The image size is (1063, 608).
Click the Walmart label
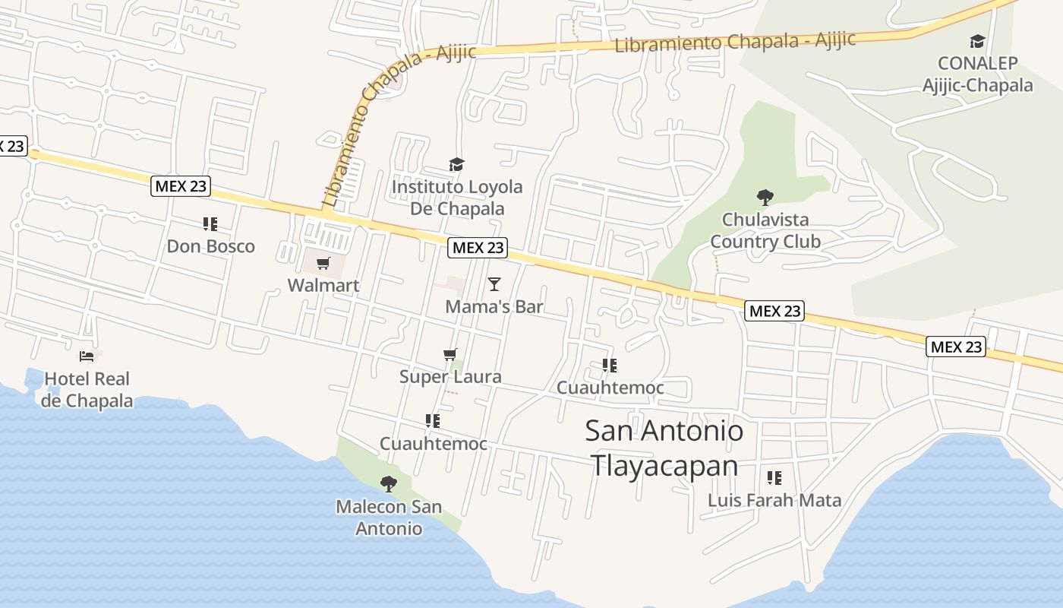[323, 286]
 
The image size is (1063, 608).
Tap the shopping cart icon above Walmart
[323, 264]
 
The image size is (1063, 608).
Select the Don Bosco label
[210, 246]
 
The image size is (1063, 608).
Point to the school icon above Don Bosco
[210, 224]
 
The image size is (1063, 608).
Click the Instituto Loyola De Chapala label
[457, 198]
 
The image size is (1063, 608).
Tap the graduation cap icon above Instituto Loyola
[456, 165]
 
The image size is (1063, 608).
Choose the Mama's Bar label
[494, 306]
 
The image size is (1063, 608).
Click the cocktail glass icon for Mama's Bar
[494, 284]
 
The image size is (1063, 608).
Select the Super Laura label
[450, 377]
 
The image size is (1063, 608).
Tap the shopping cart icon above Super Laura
[450, 355]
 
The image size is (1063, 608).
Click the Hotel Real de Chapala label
[87, 389]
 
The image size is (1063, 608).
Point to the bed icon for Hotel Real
[87, 356]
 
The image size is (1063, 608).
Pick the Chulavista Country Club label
[765, 230]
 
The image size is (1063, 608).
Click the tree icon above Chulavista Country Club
[765, 198]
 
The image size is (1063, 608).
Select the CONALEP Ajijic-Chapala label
[977, 74]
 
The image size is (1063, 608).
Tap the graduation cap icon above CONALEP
[977, 41]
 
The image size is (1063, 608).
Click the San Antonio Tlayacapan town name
[664, 448]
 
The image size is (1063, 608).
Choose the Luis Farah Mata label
[774, 500]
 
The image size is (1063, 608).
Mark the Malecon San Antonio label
[389, 518]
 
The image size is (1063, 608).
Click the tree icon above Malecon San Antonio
[389, 484]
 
